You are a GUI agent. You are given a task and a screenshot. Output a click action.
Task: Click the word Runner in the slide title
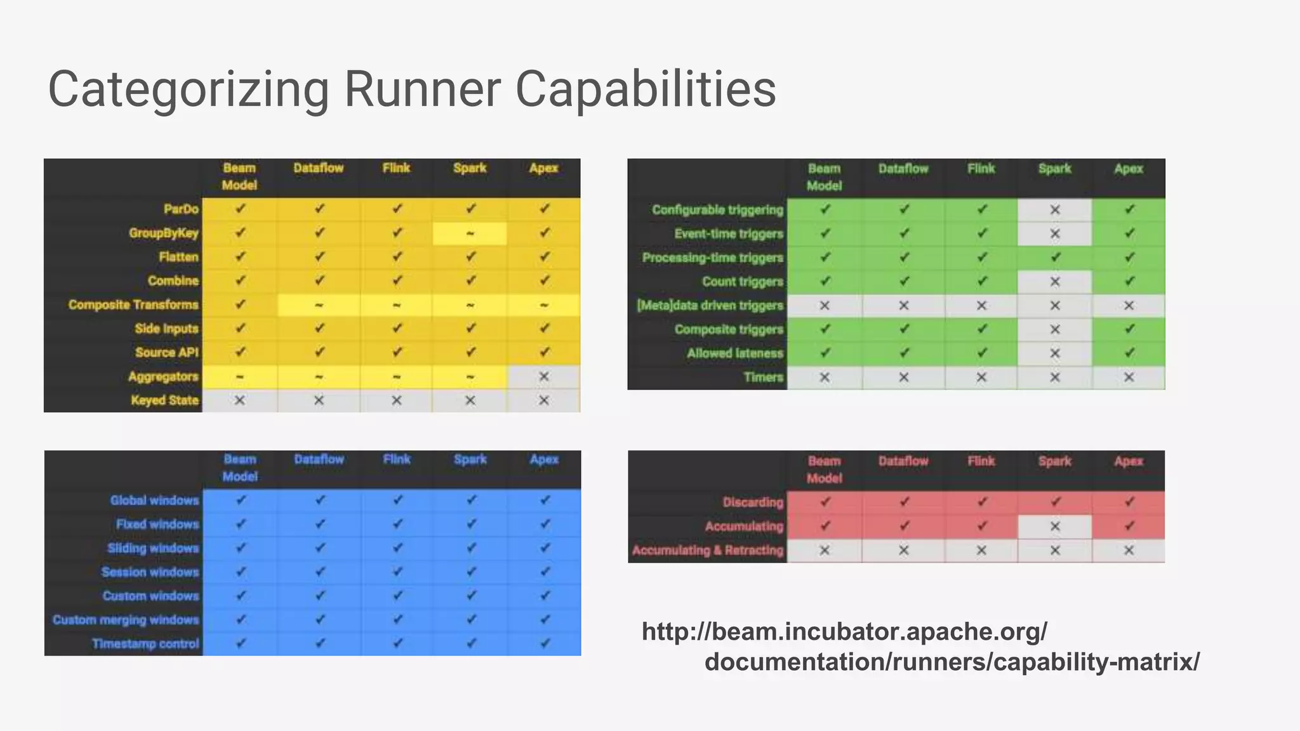click(x=422, y=89)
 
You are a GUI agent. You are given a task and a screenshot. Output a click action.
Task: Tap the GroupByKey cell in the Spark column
click(x=470, y=234)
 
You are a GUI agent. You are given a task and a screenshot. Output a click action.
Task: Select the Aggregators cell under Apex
click(x=544, y=376)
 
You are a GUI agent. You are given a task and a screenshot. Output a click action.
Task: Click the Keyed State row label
click(x=164, y=400)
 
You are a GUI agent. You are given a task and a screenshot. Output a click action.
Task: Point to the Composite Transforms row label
click(x=133, y=305)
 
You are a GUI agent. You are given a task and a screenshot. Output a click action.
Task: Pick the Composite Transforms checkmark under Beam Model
click(x=240, y=305)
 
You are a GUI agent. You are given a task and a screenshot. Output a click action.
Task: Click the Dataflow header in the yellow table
click(x=319, y=168)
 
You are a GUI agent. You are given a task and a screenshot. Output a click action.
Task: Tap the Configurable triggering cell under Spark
click(x=1055, y=209)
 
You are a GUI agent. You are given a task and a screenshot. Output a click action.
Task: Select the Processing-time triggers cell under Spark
click(x=1055, y=258)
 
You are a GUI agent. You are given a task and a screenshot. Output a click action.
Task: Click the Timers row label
click(x=764, y=378)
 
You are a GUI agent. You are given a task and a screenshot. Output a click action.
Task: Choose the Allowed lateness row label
click(x=735, y=353)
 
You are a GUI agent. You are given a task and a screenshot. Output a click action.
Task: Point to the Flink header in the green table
click(x=981, y=169)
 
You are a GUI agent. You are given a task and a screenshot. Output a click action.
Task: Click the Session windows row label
click(x=150, y=572)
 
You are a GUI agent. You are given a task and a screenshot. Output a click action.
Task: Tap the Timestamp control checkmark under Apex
click(x=545, y=643)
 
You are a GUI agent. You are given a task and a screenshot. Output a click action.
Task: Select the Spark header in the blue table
click(x=470, y=459)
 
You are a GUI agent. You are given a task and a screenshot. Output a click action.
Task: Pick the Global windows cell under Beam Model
click(x=241, y=500)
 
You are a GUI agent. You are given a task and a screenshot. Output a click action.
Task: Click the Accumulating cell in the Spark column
click(x=1055, y=526)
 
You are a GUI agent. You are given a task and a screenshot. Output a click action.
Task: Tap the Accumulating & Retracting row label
click(x=708, y=550)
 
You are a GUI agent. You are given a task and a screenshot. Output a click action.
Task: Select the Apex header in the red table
click(x=1129, y=461)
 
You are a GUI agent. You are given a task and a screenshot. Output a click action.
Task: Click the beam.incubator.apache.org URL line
click(x=844, y=631)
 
